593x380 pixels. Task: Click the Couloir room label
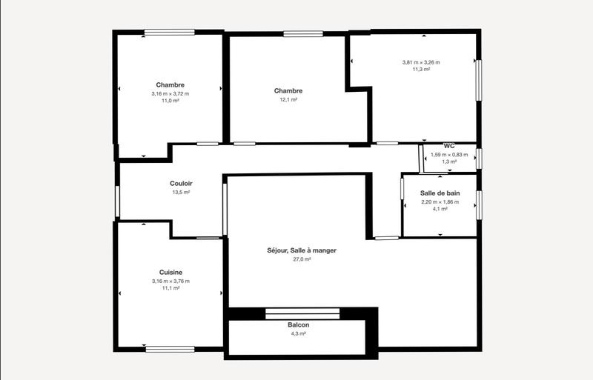click(181, 183)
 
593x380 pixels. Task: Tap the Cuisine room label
click(170, 273)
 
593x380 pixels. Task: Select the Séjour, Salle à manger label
click(302, 250)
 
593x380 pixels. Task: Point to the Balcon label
click(299, 325)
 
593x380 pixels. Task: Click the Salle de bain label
click(440, 193)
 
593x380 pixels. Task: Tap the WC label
click(449, 146)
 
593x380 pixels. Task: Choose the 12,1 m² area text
click(288, 100)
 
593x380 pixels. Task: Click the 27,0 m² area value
click(302, 259)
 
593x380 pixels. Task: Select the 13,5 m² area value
click(181, 192)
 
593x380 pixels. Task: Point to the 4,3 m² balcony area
click(299, 334)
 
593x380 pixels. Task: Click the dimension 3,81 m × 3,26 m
click(421, 62)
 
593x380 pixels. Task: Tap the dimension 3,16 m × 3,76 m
click(170, 281)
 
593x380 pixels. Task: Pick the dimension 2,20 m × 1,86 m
click(440, 201)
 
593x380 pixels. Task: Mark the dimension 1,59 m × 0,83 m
click(449, 154)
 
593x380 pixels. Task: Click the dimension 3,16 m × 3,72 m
click(170, 93)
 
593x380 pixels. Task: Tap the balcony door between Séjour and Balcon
click(302, 313)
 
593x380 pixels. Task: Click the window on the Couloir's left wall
click(118, 201)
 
